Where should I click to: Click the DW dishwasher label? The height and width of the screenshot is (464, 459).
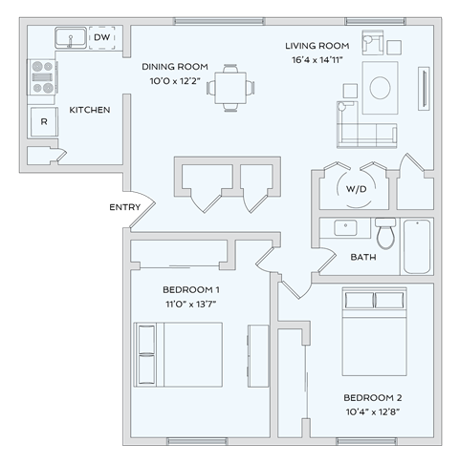point(101,37)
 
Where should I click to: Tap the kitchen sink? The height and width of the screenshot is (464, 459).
point(69,38)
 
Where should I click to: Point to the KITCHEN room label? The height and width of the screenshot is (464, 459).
point(90,110)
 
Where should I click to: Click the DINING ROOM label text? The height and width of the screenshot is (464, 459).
point(175,66)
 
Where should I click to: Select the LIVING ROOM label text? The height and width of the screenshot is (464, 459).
point(317,45)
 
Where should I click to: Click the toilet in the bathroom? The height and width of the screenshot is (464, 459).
point(385,232)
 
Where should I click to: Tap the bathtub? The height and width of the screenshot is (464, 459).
point(417,246)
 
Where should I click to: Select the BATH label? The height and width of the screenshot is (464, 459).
point(363,257)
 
